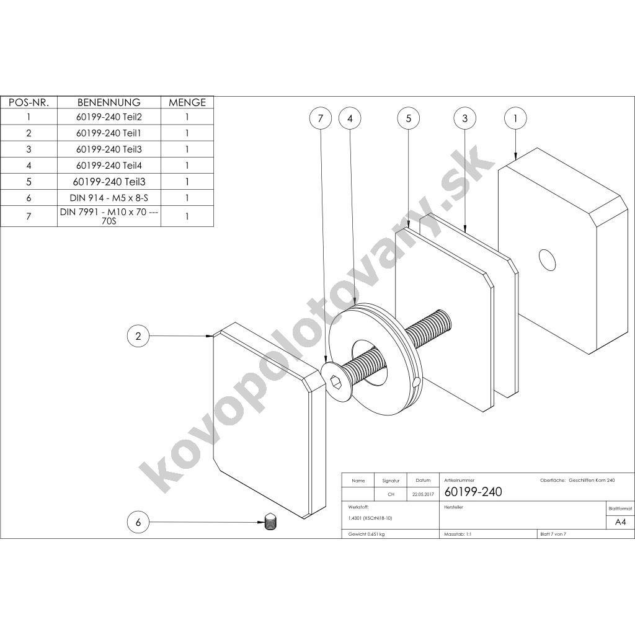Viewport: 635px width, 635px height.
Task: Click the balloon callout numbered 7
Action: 321,118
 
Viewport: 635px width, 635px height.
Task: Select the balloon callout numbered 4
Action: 350,118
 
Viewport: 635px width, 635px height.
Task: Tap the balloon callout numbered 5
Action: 409,118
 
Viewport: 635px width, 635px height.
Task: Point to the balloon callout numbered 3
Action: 465,118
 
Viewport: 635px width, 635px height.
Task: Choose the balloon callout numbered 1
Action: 516,118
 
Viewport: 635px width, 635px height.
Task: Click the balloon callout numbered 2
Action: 138,336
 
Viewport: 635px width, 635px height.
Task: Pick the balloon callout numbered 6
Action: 138,523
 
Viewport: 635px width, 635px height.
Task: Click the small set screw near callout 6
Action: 271,522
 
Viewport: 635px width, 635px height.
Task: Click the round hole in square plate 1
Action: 547,260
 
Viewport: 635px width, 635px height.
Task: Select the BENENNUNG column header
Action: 109,102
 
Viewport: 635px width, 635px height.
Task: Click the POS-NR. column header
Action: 29,102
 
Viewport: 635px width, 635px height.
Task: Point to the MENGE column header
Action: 187,102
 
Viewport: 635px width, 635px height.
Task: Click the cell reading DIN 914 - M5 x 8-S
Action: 109,198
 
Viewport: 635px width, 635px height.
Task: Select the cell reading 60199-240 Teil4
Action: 109,166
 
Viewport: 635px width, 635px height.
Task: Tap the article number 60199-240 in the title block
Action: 473,492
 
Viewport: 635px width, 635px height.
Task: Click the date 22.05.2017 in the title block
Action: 422,495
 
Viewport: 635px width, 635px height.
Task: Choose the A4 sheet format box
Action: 620,522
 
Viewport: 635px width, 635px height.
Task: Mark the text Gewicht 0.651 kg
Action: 366,534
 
